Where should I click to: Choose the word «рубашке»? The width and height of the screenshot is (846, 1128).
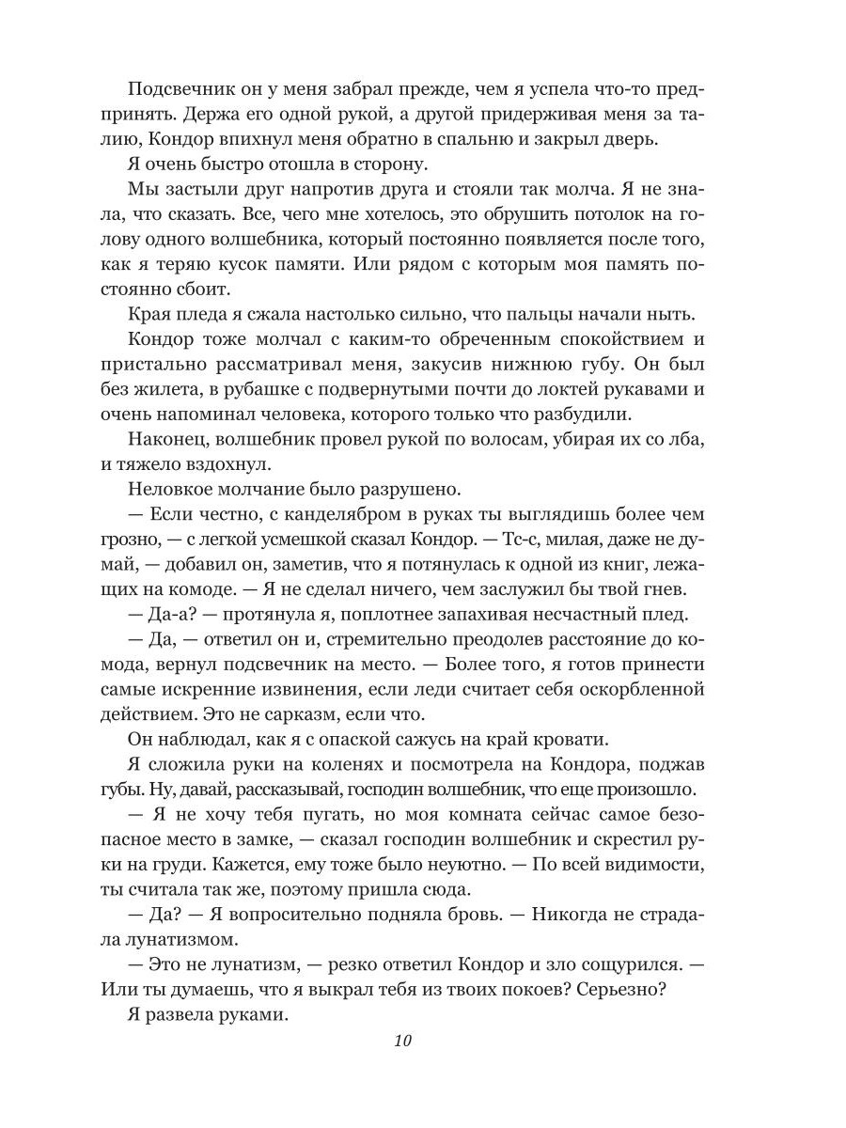tap(282, 412)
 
